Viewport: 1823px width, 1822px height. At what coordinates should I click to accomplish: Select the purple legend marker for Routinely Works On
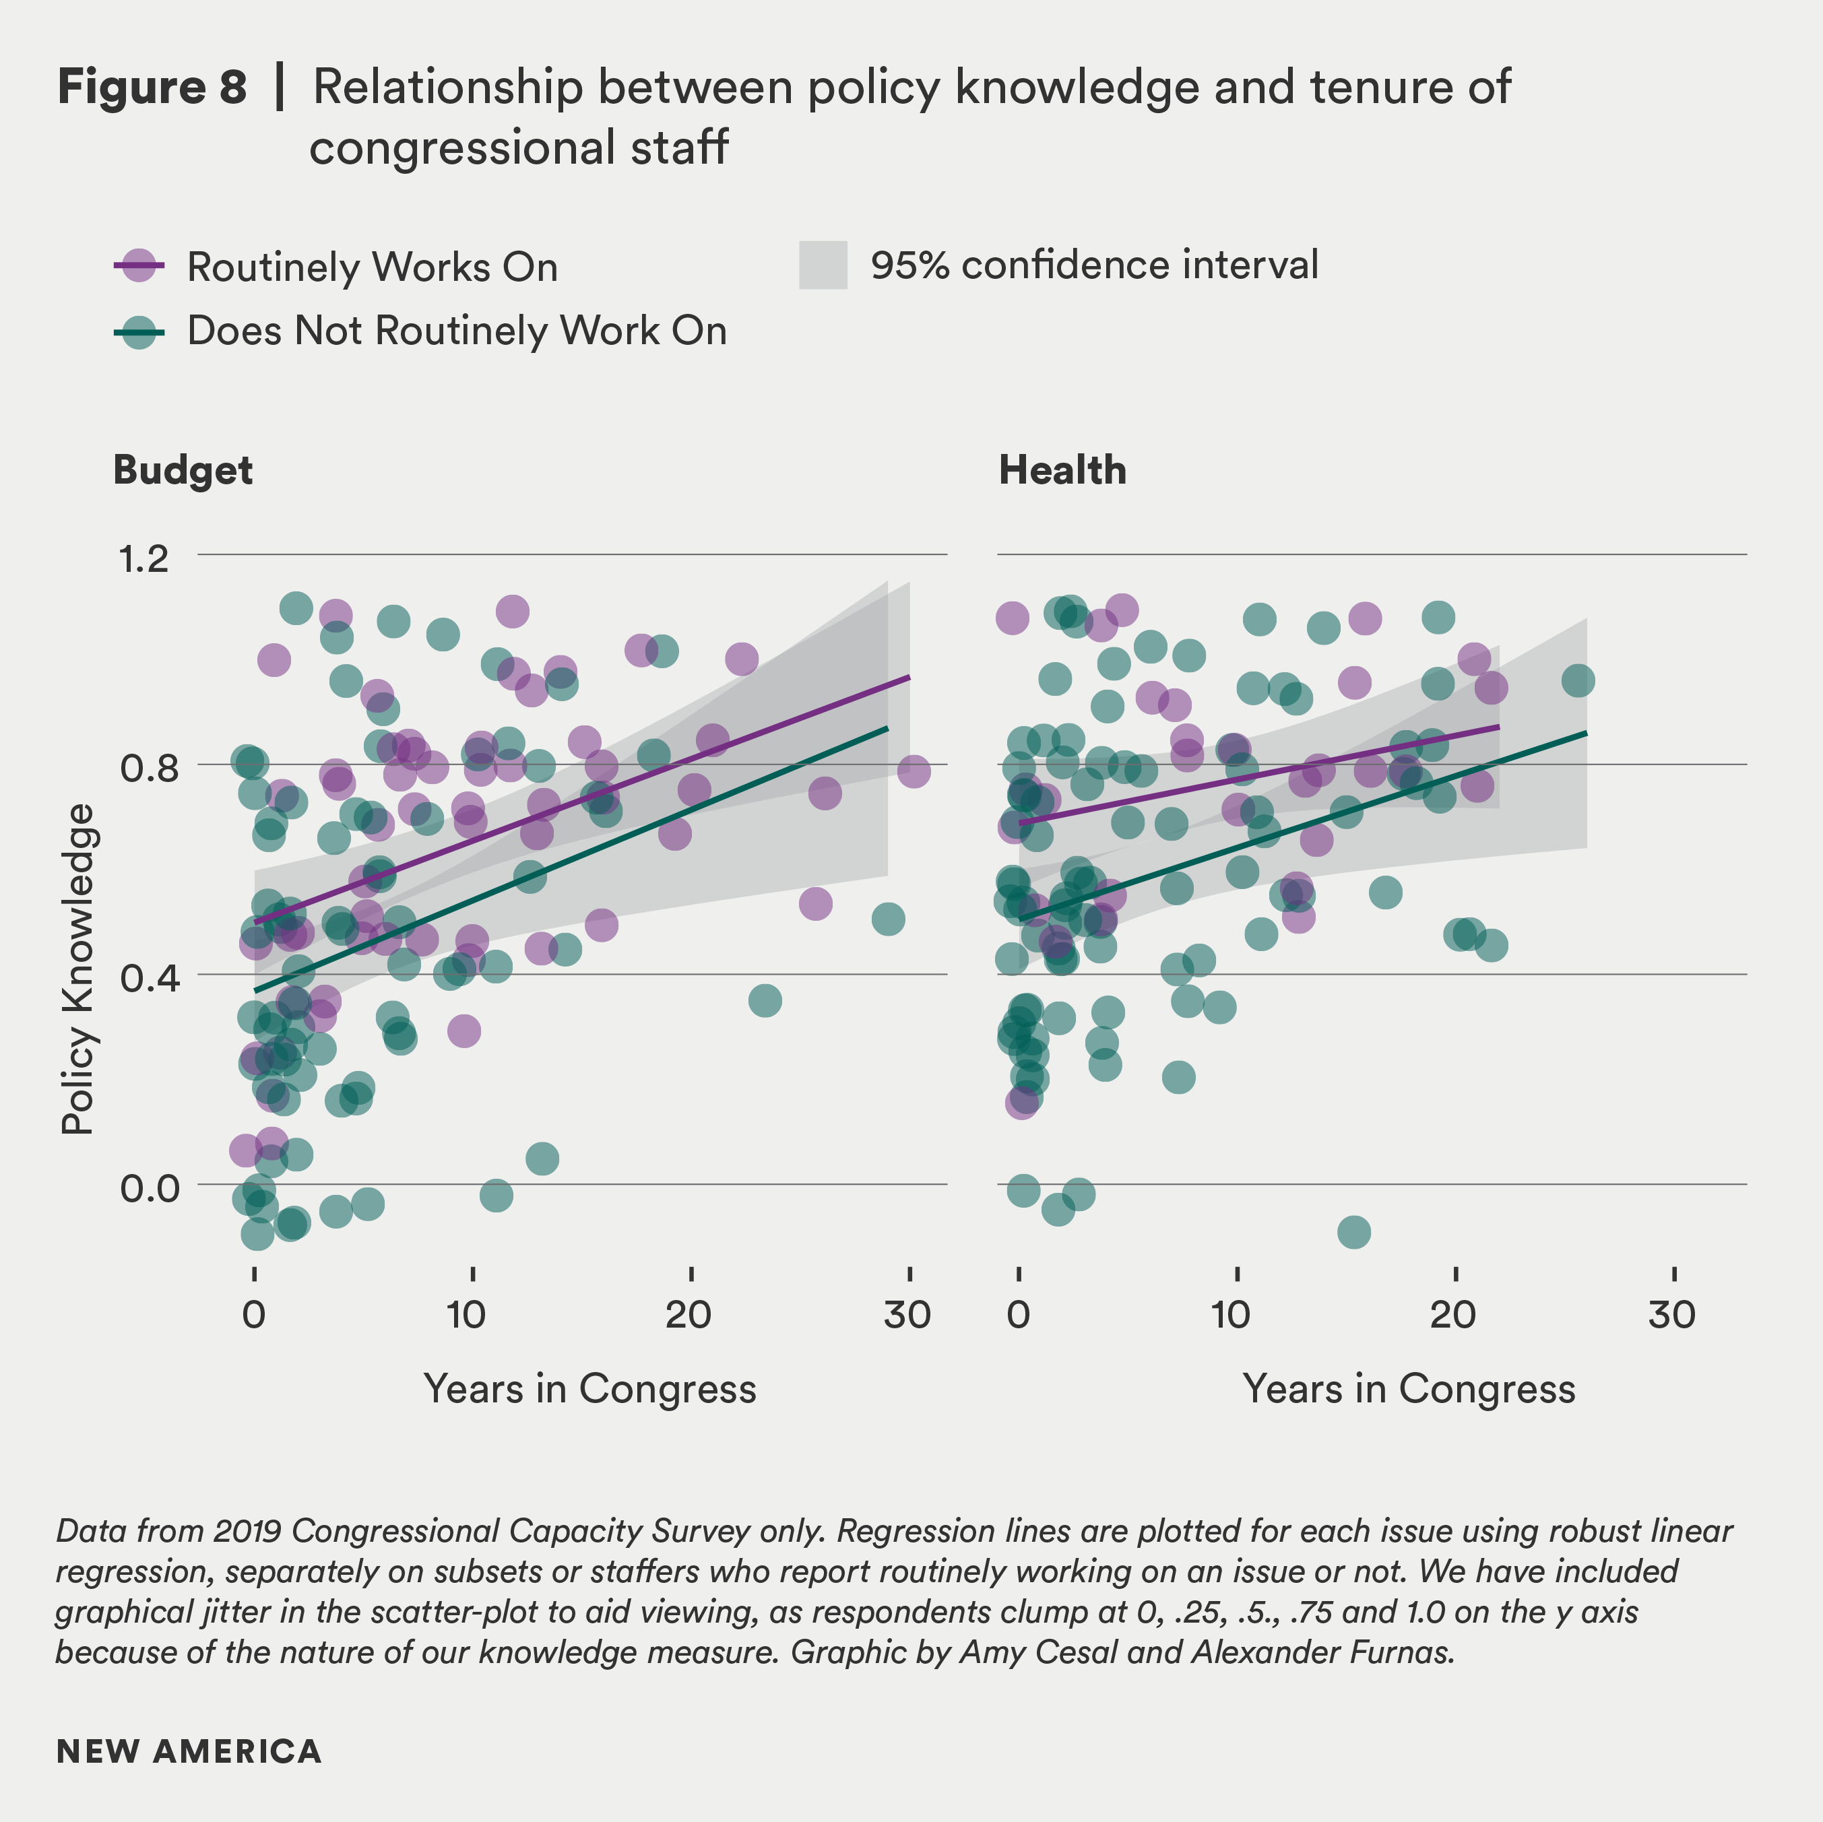coord(139,266)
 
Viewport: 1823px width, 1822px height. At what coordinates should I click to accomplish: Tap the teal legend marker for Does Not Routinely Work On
coord(139,331)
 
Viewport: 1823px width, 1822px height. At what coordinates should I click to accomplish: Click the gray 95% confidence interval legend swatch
coord(822,265)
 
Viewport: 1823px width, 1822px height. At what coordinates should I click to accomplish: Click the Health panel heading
coord(1062,470)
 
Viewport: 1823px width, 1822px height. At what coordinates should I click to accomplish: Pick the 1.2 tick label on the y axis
coord(143,558)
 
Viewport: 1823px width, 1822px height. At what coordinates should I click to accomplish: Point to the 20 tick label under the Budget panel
coord(688,1314)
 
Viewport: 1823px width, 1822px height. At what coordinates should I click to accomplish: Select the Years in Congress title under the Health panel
coord(1408,1389)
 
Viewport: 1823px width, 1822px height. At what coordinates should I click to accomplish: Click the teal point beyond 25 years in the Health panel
coord(1578,680)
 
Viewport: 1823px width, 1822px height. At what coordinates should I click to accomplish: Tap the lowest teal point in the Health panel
coord(1353,1231)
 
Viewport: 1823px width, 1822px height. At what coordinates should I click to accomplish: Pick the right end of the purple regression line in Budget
coord(909,676)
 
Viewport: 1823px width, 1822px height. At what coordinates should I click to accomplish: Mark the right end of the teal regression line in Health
coord(1585,733)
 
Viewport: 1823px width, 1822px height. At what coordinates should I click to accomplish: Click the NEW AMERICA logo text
coord(189,1751)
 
